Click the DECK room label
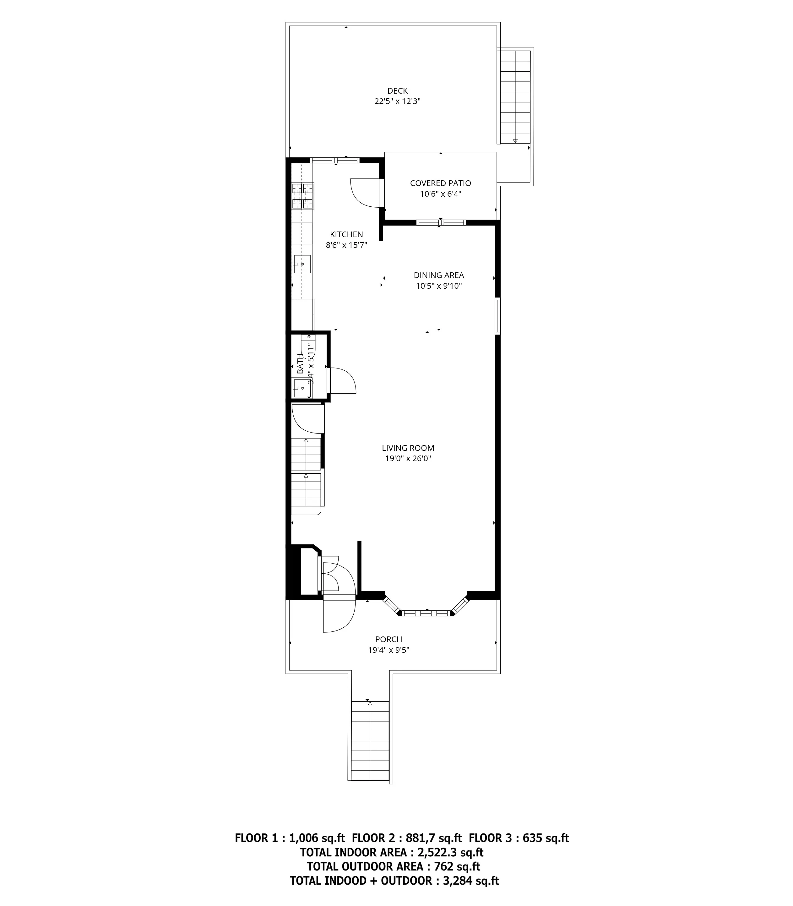tap(397, 91)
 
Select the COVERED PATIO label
tap(440, 183)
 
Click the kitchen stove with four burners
tap(303, 196)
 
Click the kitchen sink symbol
tap(302, 264)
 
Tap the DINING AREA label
tap(438, 275)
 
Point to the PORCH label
tap(388, 639)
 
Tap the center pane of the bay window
tap(425, 613)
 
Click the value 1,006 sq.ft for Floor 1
tap(316, 838)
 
